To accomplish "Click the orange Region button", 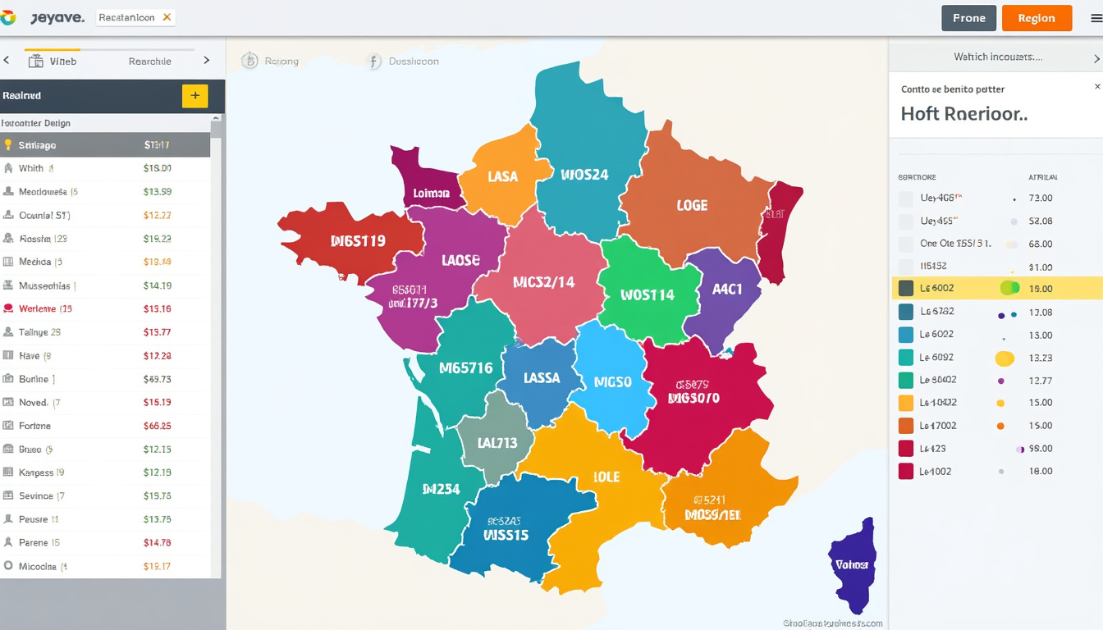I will point(1037,18).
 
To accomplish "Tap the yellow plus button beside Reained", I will point(195,96).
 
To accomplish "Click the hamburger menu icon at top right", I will point(1096,18).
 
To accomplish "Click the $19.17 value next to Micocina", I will point(157,566).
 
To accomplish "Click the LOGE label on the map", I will point(692,205).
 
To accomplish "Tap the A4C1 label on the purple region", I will point(727,289).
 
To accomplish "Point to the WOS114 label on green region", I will point(648,294).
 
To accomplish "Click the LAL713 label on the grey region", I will point(497,443).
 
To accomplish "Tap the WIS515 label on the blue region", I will point(495,535).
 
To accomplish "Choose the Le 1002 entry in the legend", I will point(936,472).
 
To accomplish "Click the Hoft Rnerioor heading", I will point(963,114).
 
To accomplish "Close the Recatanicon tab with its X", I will point(167,17).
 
